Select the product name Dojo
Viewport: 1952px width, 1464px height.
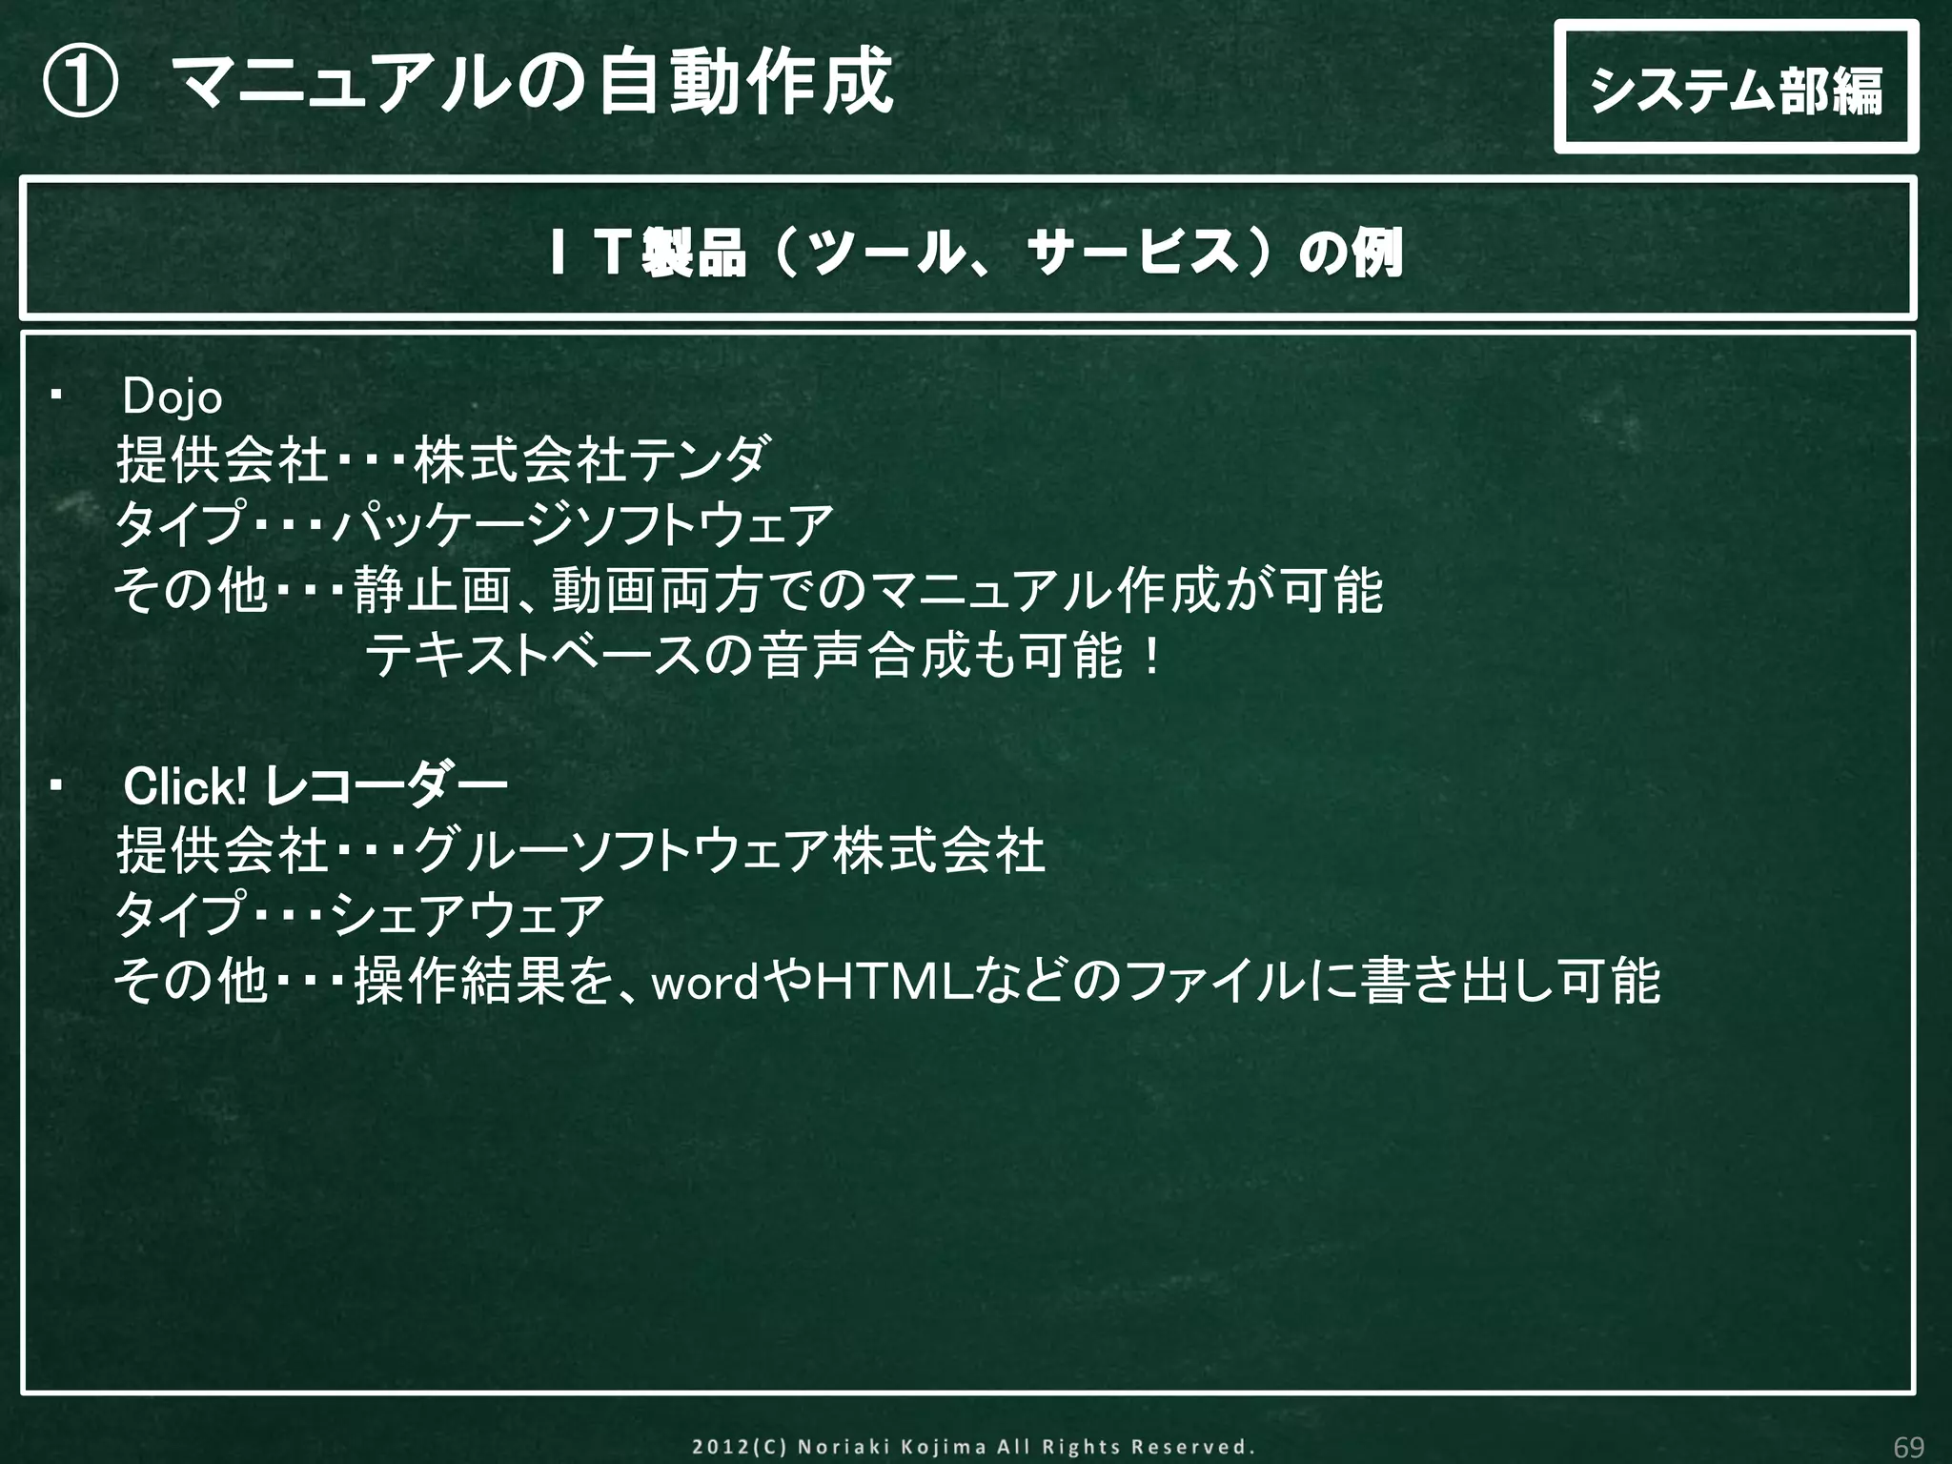click(x=173, y=398)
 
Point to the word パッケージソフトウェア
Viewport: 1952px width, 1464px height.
click(x=583, y=525)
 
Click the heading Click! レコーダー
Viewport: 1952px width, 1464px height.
click(x=315, y=787)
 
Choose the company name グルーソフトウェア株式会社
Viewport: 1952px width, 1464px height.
click(x=730, y=851)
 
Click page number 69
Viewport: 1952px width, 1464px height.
click(x=1908, y=1447)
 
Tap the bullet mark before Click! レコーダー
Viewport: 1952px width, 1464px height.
click(x=55, y=785)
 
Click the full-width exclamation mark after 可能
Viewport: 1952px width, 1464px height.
click(x=1152, y=657)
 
